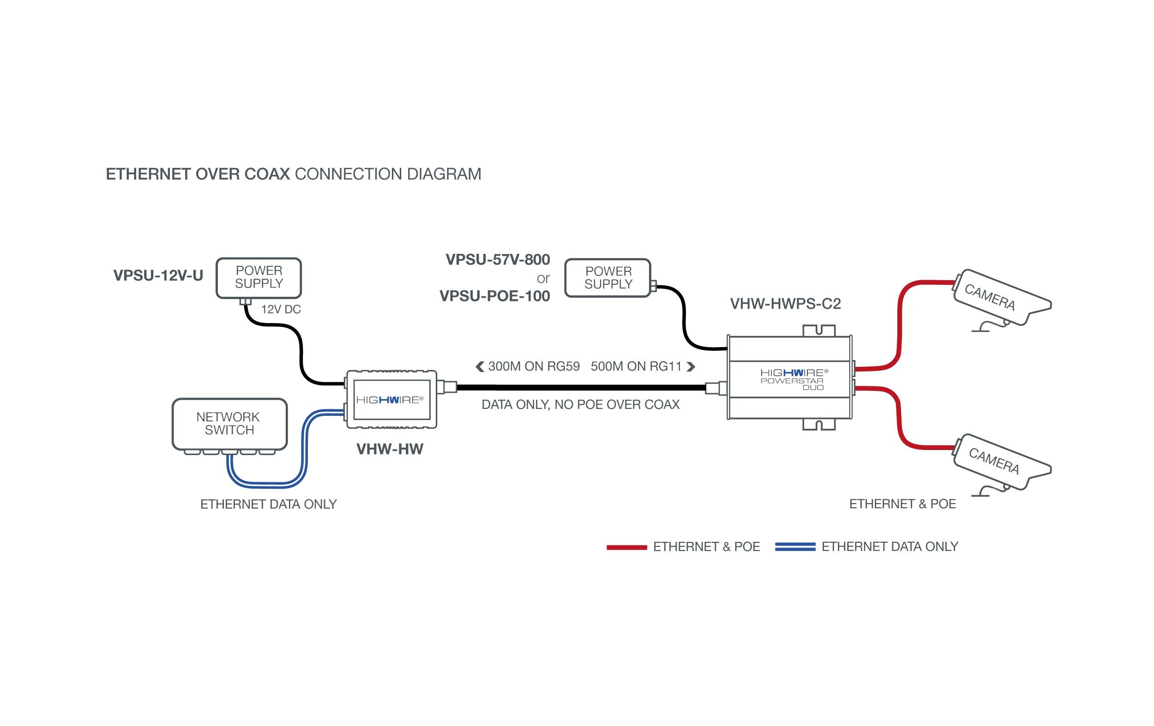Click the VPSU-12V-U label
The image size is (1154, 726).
pyautogui.click(x=158, y=276)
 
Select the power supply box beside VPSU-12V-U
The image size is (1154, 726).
pyautogui.click(x=258, y=278)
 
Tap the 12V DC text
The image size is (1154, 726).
pyautogui.click(x=281, y=310)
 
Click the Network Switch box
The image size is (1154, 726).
pyautogui.click(x=229, y=424)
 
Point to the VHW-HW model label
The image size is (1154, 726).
pyautogui.click(x=390, y=450)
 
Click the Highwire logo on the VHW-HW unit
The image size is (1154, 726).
pyautogui.click(x=390, y=400)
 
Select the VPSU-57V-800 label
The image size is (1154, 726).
pyautogui.click(x=498, y=260)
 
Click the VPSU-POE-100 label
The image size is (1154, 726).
pyautogui.click(x=494, y=296)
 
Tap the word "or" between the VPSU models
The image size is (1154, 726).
pyautogui.click(x=543, y=278)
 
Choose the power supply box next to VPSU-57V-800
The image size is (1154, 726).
pyautogui.click(x=607, y=278)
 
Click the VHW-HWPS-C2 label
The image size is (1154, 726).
pyautogui.click(x=785, y=304)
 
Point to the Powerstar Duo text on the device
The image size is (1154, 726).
pyautogui.click(x=792, y=384)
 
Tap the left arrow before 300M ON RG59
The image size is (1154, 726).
pyautogui.click(x=480, y=366)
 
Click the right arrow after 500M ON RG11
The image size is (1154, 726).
pyautogui.click(x=691, y=366)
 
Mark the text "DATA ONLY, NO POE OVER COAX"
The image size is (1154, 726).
pyautogui.click(x=580, y=405)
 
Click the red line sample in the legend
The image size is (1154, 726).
pyautogui.click(x=626, y=547)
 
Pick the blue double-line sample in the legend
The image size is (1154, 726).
pyautogui.click(x=795, y=547)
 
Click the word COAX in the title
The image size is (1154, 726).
pyautogui.click(x=267, y=174)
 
